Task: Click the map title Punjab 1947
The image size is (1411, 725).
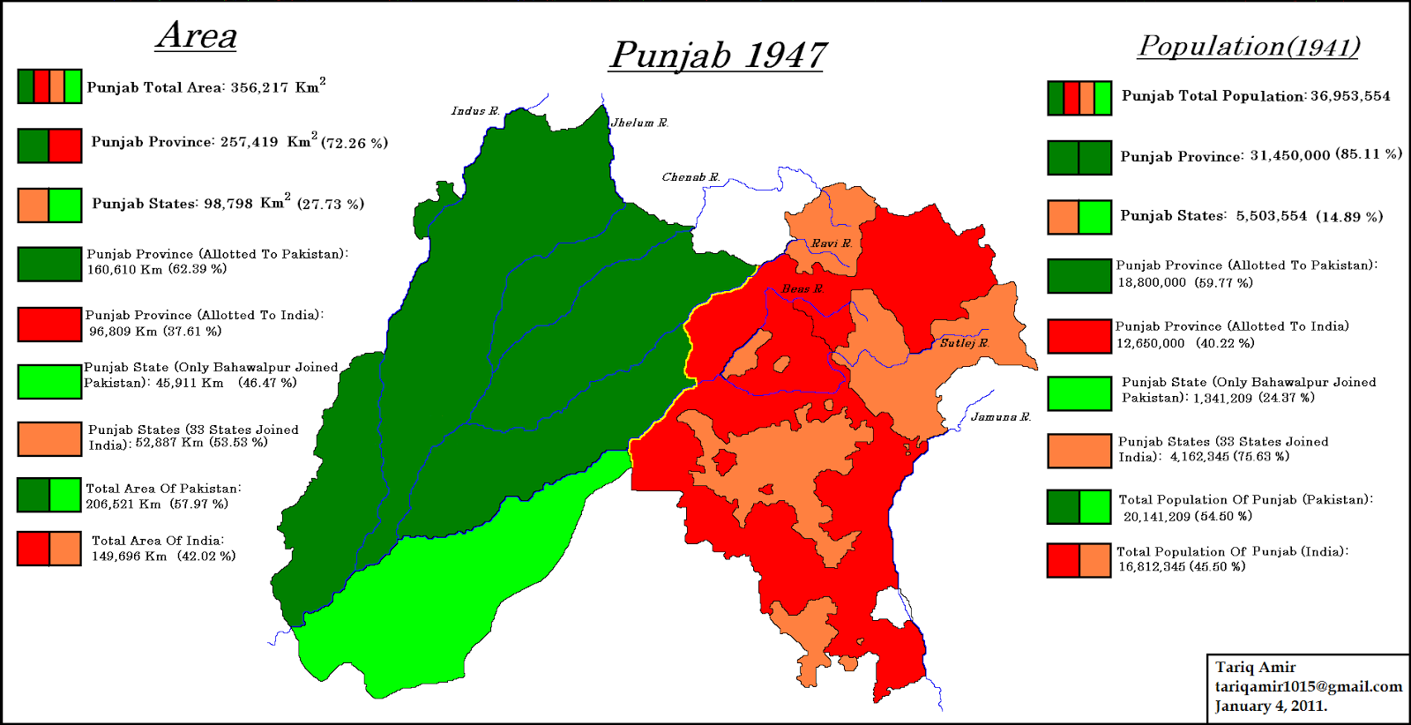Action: coord(717,56)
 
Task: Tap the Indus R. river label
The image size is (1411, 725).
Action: coord(475,111)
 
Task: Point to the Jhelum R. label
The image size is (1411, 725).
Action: coord(639,123)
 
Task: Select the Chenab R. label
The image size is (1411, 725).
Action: coord(691,177)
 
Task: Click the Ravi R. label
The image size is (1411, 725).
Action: coord(831,243)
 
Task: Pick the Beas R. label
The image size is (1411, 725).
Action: coord(802,289)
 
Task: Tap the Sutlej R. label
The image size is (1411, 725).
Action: coord(963,343)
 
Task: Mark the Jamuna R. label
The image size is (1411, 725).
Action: coord(1000,417)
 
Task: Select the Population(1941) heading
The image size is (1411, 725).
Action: coord(1249,46)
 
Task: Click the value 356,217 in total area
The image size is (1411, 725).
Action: coord(259,88)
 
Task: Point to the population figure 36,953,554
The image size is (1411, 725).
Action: coord(1349,96)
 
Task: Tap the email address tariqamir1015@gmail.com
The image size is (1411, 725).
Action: coord(1308,687)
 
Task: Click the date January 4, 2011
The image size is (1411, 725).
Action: coord(1270,706)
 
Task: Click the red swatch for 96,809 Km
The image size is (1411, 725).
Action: coord(49,325)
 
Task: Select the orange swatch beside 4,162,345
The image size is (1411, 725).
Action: coord(1079,451)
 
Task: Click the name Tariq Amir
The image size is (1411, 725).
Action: coord(1255,668)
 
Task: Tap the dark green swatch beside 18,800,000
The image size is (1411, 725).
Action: coord(1079,276)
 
